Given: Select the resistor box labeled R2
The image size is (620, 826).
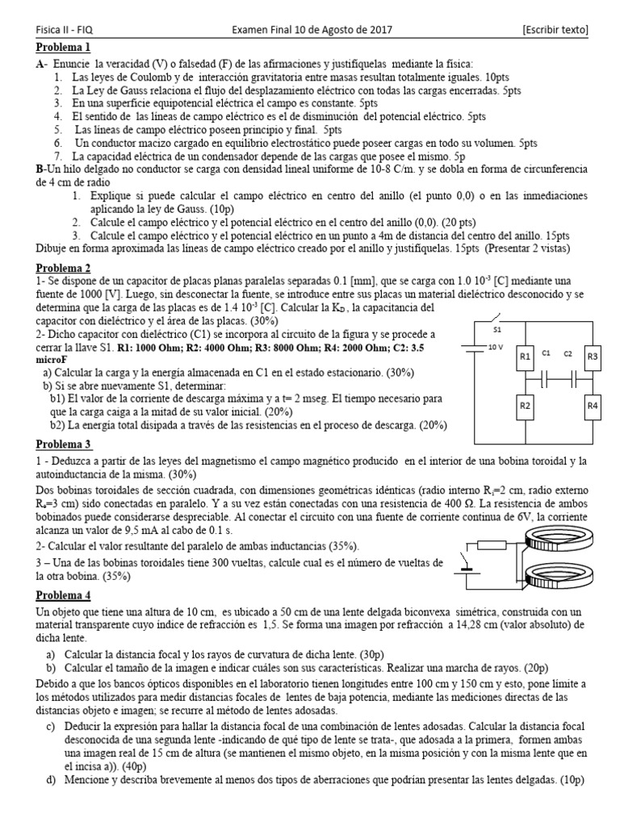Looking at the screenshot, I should tap(525, 406).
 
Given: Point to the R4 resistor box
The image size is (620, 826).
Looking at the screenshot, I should tap(593, 406).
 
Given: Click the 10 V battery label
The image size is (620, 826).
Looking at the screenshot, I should tap(496, 347).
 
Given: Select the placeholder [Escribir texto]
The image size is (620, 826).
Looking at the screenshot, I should tap(555, 30).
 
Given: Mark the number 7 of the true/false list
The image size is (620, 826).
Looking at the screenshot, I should tap(58, 155).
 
